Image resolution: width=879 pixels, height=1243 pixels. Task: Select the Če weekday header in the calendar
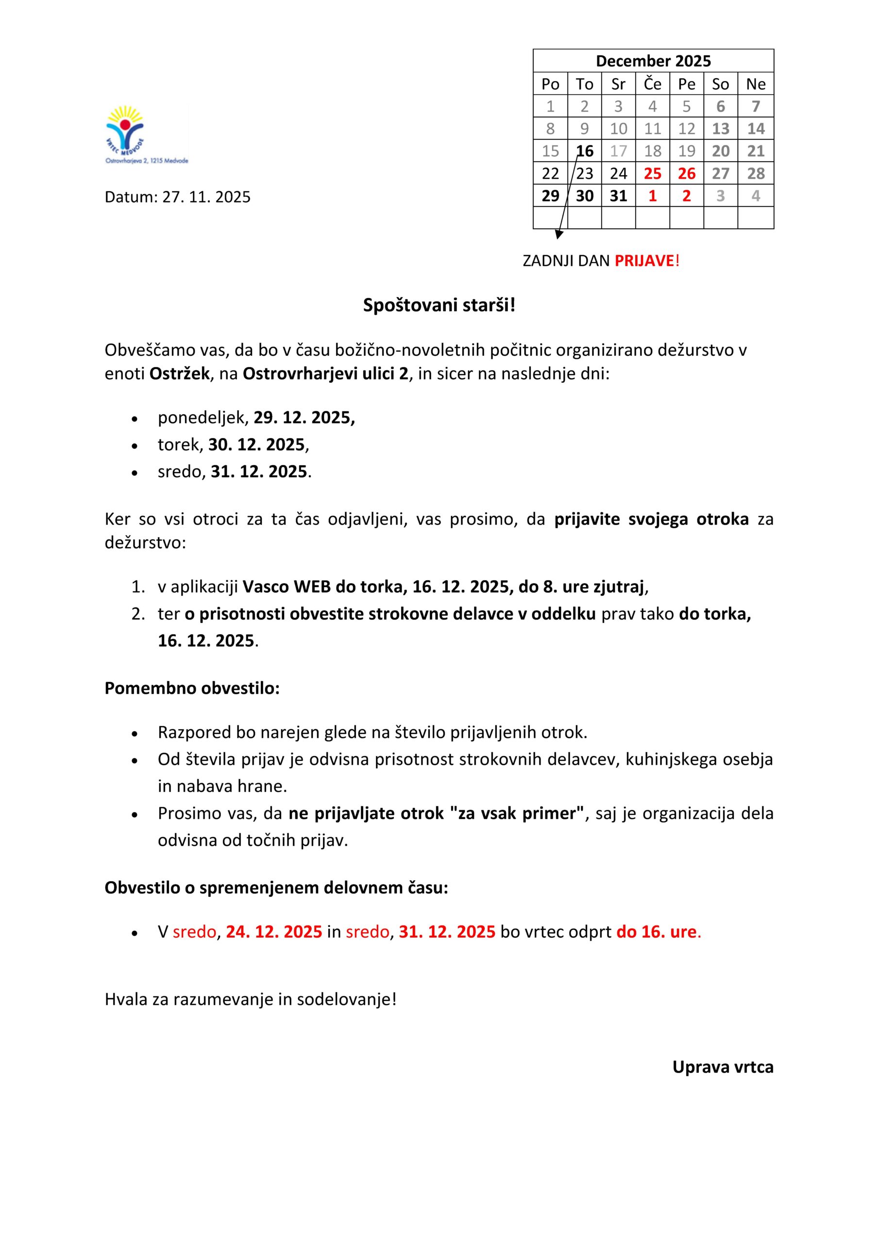[x=652, y=84]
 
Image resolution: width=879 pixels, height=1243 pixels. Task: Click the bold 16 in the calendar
[x=584, y=151]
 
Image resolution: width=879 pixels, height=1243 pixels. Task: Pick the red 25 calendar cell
[x=652, y=174]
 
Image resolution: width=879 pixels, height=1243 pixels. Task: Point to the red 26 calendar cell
[x=686, y=174]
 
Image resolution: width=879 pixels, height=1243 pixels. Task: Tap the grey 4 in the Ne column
[x=756, y=196]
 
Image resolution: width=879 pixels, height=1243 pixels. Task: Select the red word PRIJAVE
[x=644, y=261]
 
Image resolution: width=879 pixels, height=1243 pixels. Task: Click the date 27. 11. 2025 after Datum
[x=206, y=197]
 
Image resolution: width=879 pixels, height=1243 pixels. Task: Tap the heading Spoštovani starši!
[x=439, y=305]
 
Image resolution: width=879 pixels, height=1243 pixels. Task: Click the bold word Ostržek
[x=179, y=374]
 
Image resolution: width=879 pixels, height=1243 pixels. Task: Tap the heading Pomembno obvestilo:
[x=192, y=688]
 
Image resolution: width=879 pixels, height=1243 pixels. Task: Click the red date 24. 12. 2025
[x=274, y=932]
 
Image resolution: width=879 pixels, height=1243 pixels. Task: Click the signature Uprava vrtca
[x=723, y=1067]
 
